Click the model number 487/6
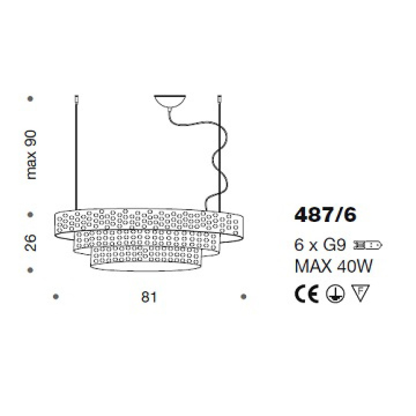(325, 215)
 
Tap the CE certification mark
(306, 294)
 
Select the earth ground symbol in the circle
(336, 294)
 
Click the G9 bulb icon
(367, 245)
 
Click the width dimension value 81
(149, 297)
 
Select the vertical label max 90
(31, 155)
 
